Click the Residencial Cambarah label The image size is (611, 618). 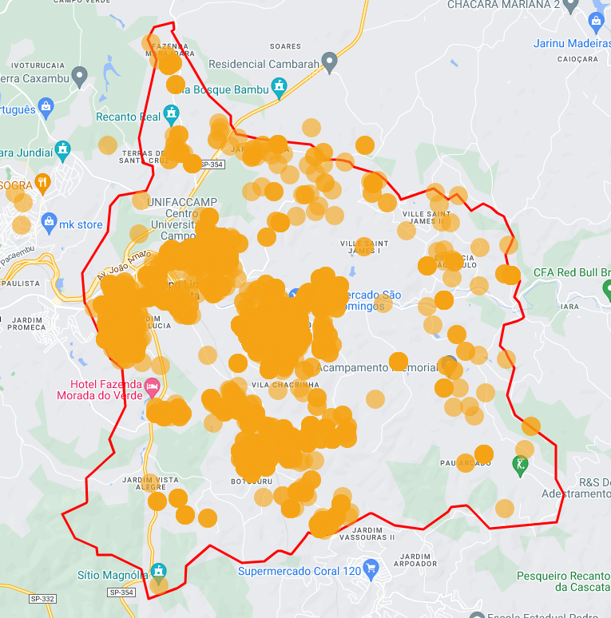click(x=264, y=64)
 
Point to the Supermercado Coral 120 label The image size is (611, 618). click(x=300, y=571)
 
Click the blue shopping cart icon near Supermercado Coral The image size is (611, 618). click(x=371, y=569)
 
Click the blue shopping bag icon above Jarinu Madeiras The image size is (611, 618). click(x=597, y=22)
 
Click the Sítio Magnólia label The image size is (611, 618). click(x=113, y=574)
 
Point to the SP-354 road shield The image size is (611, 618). click(x=212, y=164)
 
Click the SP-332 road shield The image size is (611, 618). click(x=42, y=598)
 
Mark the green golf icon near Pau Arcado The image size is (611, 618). click(x=521, y=464)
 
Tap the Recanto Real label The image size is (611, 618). click(x=128, y=117)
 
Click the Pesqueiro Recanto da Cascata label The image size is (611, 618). click(x=563, y=581)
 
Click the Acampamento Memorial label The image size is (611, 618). click(x=379, y=368)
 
